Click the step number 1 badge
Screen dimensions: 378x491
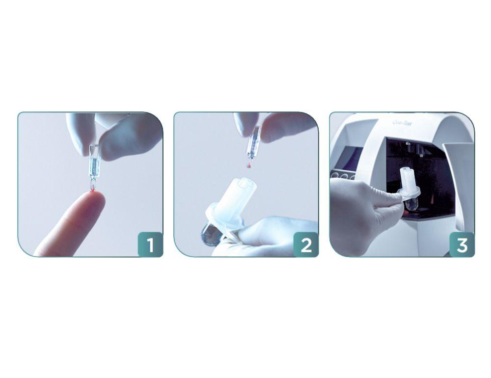click(150, 244)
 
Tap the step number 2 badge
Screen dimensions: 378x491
click(305, 244)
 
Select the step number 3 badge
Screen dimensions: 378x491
click(462, 244)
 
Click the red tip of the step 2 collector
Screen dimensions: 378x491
click(248, 166)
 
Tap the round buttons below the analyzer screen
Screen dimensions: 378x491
click(344, 175)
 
